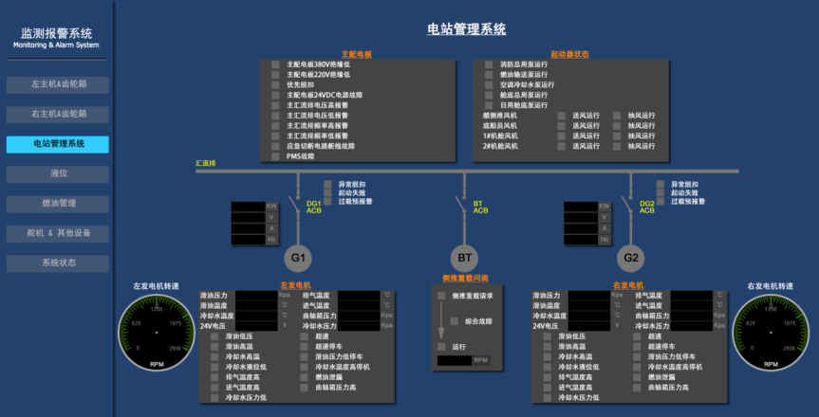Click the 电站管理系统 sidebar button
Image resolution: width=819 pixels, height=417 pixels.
(x=58, y=144)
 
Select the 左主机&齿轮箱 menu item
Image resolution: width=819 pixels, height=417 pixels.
(x=58, y=84)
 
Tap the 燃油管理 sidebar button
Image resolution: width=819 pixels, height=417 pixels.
(x=58, y=203)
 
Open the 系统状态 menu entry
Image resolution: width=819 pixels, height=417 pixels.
(x=58, y=263)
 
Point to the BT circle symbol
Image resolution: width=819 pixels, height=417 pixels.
(x=465, y=258)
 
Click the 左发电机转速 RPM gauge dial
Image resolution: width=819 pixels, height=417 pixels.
(x=157, y=333)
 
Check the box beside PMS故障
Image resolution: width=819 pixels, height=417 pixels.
(x=275, y=156)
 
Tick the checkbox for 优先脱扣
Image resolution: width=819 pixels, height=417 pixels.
(x=275, y=84)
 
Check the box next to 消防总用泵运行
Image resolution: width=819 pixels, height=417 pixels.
(x=489, y=63)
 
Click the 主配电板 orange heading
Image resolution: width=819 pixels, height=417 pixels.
(x=356, y=54)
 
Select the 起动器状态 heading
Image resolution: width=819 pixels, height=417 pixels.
(x=569, y=54)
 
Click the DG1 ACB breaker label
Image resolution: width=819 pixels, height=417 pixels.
(x=314, y=207)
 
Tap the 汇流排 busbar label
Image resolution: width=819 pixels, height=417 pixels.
(x=206, y=164)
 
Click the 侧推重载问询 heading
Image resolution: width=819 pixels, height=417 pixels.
(x=465, y=279)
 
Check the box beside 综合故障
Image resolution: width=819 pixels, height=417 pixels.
(x=454, y=321)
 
